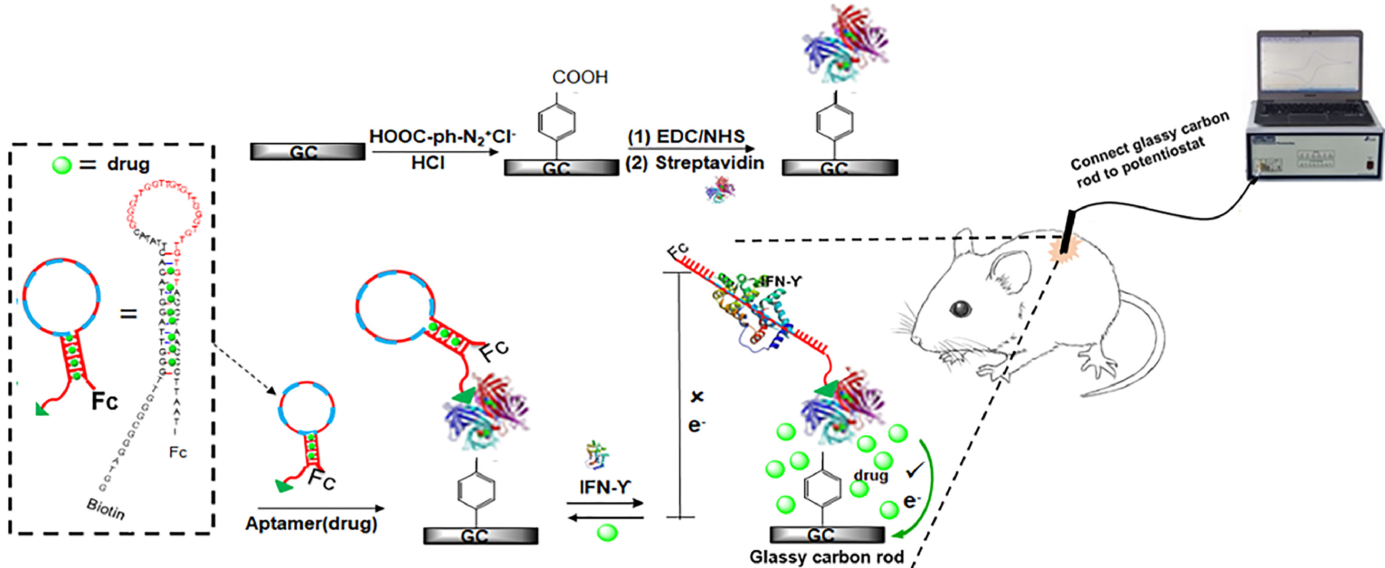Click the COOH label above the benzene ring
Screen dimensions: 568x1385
tap(580, 78)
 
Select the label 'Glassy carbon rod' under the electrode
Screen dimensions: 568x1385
tap(826, 557)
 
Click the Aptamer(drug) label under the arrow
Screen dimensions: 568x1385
tap(311, 523)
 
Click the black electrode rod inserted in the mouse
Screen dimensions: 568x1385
tap(1068, 231)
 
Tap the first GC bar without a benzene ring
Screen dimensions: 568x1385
tap(307, 152)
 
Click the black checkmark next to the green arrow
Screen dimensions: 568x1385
tap(914, 470)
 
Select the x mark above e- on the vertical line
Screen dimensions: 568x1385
tap(697, 397)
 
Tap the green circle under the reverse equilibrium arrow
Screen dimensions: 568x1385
tap(607, 532)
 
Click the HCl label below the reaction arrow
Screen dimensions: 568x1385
tap(428, 162)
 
